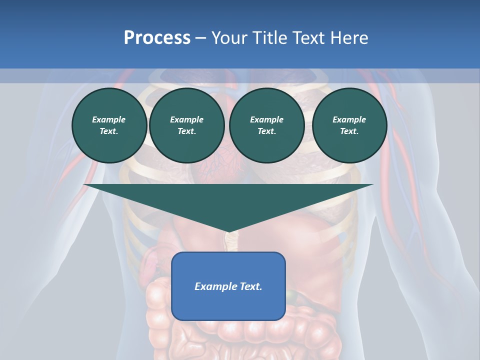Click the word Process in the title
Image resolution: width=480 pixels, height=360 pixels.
point(157,38)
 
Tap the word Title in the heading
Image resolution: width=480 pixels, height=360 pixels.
point(269,38)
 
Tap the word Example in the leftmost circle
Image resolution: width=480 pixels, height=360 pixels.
point(109,119)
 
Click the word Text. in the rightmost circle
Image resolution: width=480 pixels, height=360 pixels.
point(349,131)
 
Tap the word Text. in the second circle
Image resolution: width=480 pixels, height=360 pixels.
point(186,131)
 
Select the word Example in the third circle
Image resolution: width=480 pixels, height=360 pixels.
point(266,119)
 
